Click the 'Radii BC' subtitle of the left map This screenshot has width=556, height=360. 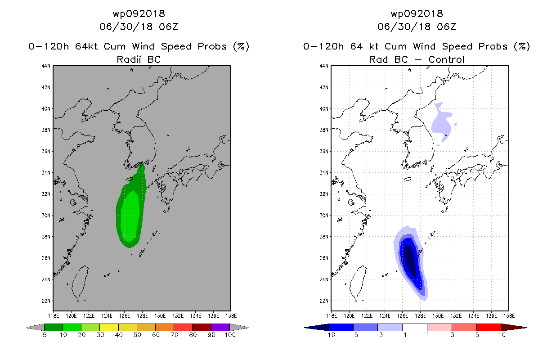[x=139, y=59]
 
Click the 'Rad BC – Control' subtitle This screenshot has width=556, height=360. [x=417, y=59]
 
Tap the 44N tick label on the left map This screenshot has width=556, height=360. [x=46, y=66]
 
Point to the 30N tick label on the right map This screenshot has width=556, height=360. [x=324, y=215]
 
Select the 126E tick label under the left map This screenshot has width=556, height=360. [x=125, y=316]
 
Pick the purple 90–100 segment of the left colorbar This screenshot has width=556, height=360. [x=220, y=327]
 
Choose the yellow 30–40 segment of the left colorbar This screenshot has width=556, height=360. [x=109, y=327]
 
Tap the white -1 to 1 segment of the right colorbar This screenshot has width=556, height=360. [x=415, y=327]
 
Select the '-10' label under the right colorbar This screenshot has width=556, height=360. [x=329, y=335]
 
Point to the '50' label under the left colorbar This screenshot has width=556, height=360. [x=137, y=335]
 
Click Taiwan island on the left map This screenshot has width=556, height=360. [x=80, y=283]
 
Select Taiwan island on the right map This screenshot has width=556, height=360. [x=358, y=283]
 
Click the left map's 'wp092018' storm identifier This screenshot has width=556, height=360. [x=139, y=13]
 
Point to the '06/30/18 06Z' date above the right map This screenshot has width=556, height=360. [x=417, y=27]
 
